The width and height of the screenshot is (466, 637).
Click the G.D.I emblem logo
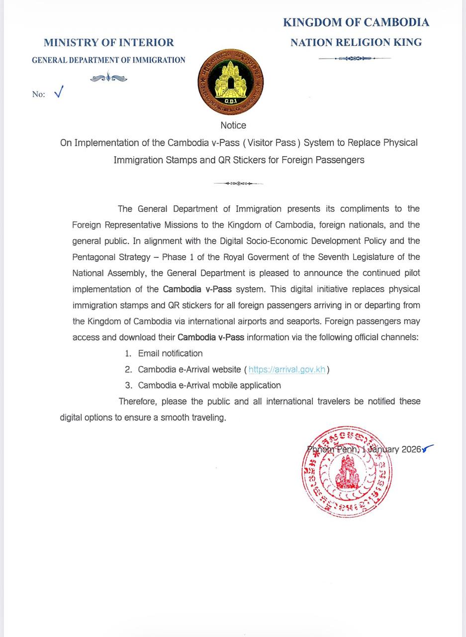click(231, 82)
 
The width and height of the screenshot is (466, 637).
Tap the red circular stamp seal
click(347, 471)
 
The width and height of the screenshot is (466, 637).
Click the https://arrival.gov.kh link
click(287, 369)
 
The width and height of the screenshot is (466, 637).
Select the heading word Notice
click(233, 125)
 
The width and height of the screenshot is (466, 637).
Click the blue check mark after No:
click(59, 92)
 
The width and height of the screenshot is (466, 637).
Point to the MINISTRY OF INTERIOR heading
click(108, 43)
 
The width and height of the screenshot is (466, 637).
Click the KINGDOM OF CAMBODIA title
click(356, 22)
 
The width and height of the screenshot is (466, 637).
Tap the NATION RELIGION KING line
click(356, 43)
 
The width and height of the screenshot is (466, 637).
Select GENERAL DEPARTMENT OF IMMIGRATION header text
click(108, 60)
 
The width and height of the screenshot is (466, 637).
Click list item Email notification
click(170, 353)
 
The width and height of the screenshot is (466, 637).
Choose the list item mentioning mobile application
click(209, 385)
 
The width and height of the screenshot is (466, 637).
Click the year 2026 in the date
click(411, 449)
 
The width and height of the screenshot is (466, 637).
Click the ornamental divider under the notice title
click(238, 184)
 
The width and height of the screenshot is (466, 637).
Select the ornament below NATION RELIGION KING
click(354, 59)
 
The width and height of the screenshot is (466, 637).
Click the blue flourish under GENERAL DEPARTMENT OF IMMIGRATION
click(108, 78)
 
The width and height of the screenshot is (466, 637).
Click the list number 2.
click(128, 369)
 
